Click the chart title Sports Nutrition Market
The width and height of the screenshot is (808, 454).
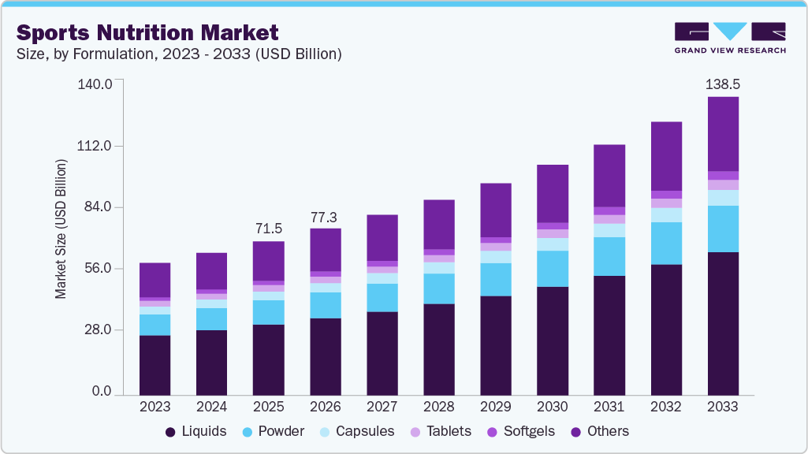[x=147, y=32]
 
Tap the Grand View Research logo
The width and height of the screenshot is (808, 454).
[x=730, y=37]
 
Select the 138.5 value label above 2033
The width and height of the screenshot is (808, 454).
[x=723, y=84]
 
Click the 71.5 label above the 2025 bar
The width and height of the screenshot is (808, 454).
[x=269, y=229]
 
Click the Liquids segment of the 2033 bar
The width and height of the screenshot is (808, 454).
[x=723, y=323]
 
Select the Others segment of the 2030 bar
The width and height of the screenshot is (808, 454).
[x=553, y=194]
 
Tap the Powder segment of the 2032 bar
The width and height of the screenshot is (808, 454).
[x=666, y=244]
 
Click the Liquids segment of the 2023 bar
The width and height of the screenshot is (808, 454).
[x=155, y=365]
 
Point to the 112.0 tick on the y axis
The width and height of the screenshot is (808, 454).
[x=98, y=146]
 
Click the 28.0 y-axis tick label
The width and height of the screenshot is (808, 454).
[x=101, y=329]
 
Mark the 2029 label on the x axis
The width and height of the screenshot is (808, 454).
[x=496, y=407]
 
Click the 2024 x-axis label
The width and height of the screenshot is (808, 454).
[x=212, y=407]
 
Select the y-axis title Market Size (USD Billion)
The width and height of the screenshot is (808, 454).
[x=61, y=229]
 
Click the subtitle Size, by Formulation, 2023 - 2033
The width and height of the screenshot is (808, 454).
[x=178, y=54]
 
